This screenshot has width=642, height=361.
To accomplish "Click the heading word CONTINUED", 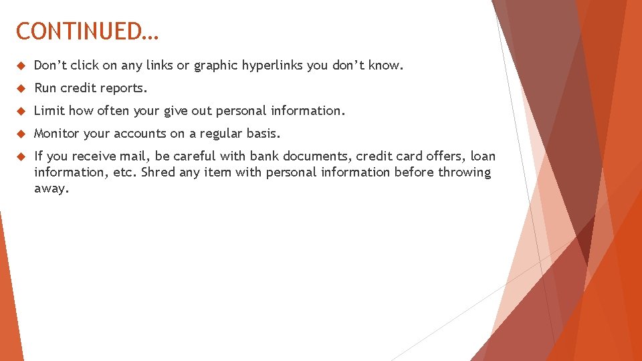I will point(87,31).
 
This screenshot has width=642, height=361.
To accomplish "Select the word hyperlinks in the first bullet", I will point(273,66).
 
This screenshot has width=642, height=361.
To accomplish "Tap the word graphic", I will point(215,66).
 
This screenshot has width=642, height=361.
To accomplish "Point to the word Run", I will point(45,88).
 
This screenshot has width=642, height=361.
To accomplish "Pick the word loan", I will point(483,156).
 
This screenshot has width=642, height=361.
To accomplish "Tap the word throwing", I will point(464,172).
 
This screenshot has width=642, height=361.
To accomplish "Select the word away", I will point(51,189).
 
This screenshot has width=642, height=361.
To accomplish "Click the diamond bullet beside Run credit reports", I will point(20,88).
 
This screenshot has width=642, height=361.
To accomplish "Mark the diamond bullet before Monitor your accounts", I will point(20,134).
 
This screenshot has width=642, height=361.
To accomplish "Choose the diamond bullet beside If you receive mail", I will point(20,156).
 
